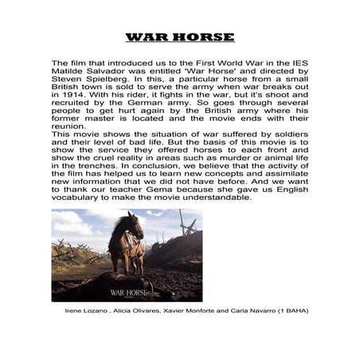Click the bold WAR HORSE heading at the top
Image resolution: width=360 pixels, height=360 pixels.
pos(180,37)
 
